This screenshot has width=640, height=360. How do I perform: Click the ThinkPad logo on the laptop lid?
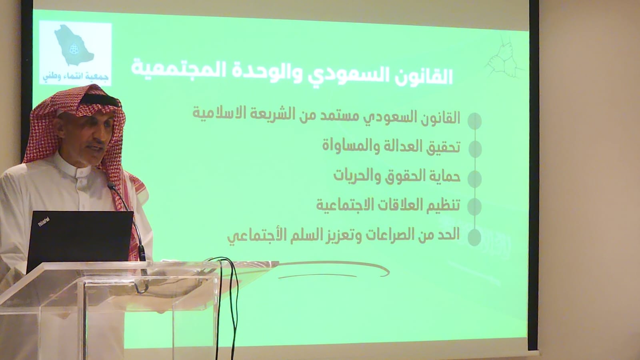tap(44, 222)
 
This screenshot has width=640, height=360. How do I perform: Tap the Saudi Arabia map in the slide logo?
tap(74, 45)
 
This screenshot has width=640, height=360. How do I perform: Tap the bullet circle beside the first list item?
tap(474, 121)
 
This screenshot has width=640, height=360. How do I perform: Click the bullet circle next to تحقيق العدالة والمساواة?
tap(475, 149)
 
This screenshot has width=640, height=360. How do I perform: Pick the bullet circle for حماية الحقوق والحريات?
tap(475, 179)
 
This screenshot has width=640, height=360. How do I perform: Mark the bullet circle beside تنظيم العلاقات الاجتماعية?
tap(474, 206)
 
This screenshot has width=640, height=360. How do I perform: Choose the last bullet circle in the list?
tap(474, 238)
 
